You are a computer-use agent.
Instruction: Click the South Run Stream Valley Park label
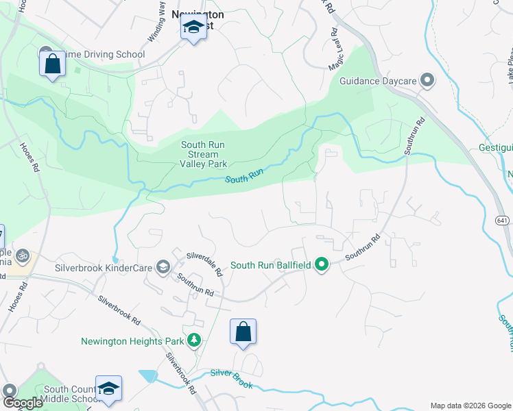coord(204,154)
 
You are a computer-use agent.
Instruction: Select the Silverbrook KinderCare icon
coord(163,266)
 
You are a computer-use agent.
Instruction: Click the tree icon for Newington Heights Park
coord(195,340)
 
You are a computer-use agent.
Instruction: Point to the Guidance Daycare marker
coord(427,81)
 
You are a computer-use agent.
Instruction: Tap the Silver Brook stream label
coord(231,378)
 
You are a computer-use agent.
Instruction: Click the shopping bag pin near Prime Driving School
coord(52,65)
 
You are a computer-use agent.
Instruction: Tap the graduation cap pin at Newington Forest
coord(193,29)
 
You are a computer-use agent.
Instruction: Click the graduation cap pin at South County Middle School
coord(108,388)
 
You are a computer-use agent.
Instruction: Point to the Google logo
coord(23,403)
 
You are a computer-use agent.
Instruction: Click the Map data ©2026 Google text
coord(469,406)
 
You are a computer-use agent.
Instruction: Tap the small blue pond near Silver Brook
coord(147,375)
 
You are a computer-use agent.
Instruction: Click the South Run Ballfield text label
coord(270,265)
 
